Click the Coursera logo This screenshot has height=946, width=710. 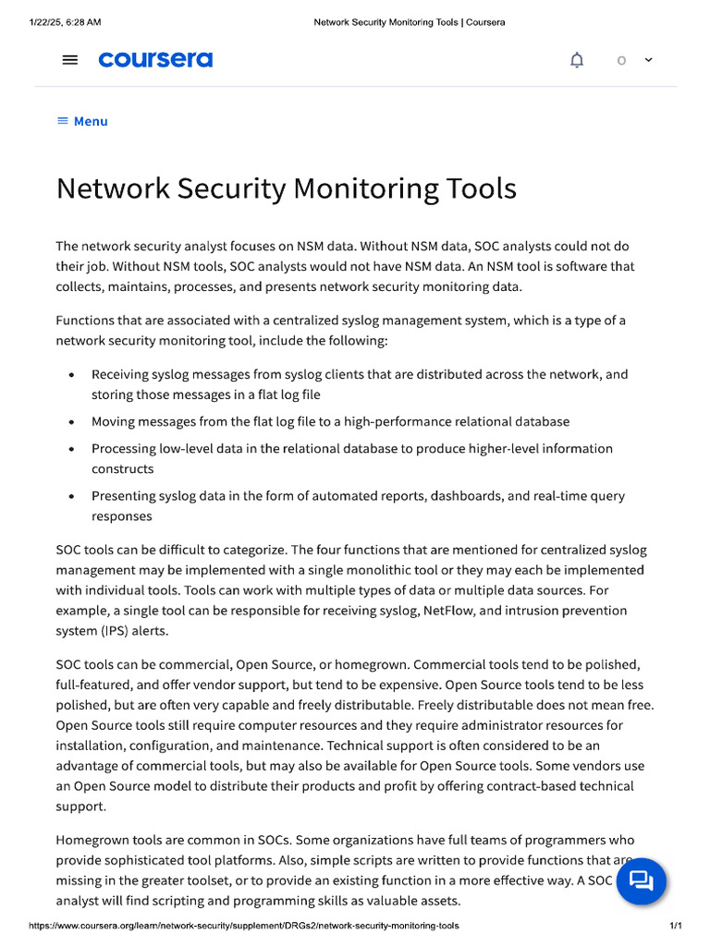[155, 60]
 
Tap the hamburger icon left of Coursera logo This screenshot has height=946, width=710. [70, 60]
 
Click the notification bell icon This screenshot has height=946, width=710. [577, 60]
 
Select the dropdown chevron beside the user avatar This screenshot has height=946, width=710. [648, 59]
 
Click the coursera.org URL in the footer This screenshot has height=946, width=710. [244, 926]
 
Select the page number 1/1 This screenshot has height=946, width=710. [675, 926]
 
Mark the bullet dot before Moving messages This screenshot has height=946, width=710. [72, 422]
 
